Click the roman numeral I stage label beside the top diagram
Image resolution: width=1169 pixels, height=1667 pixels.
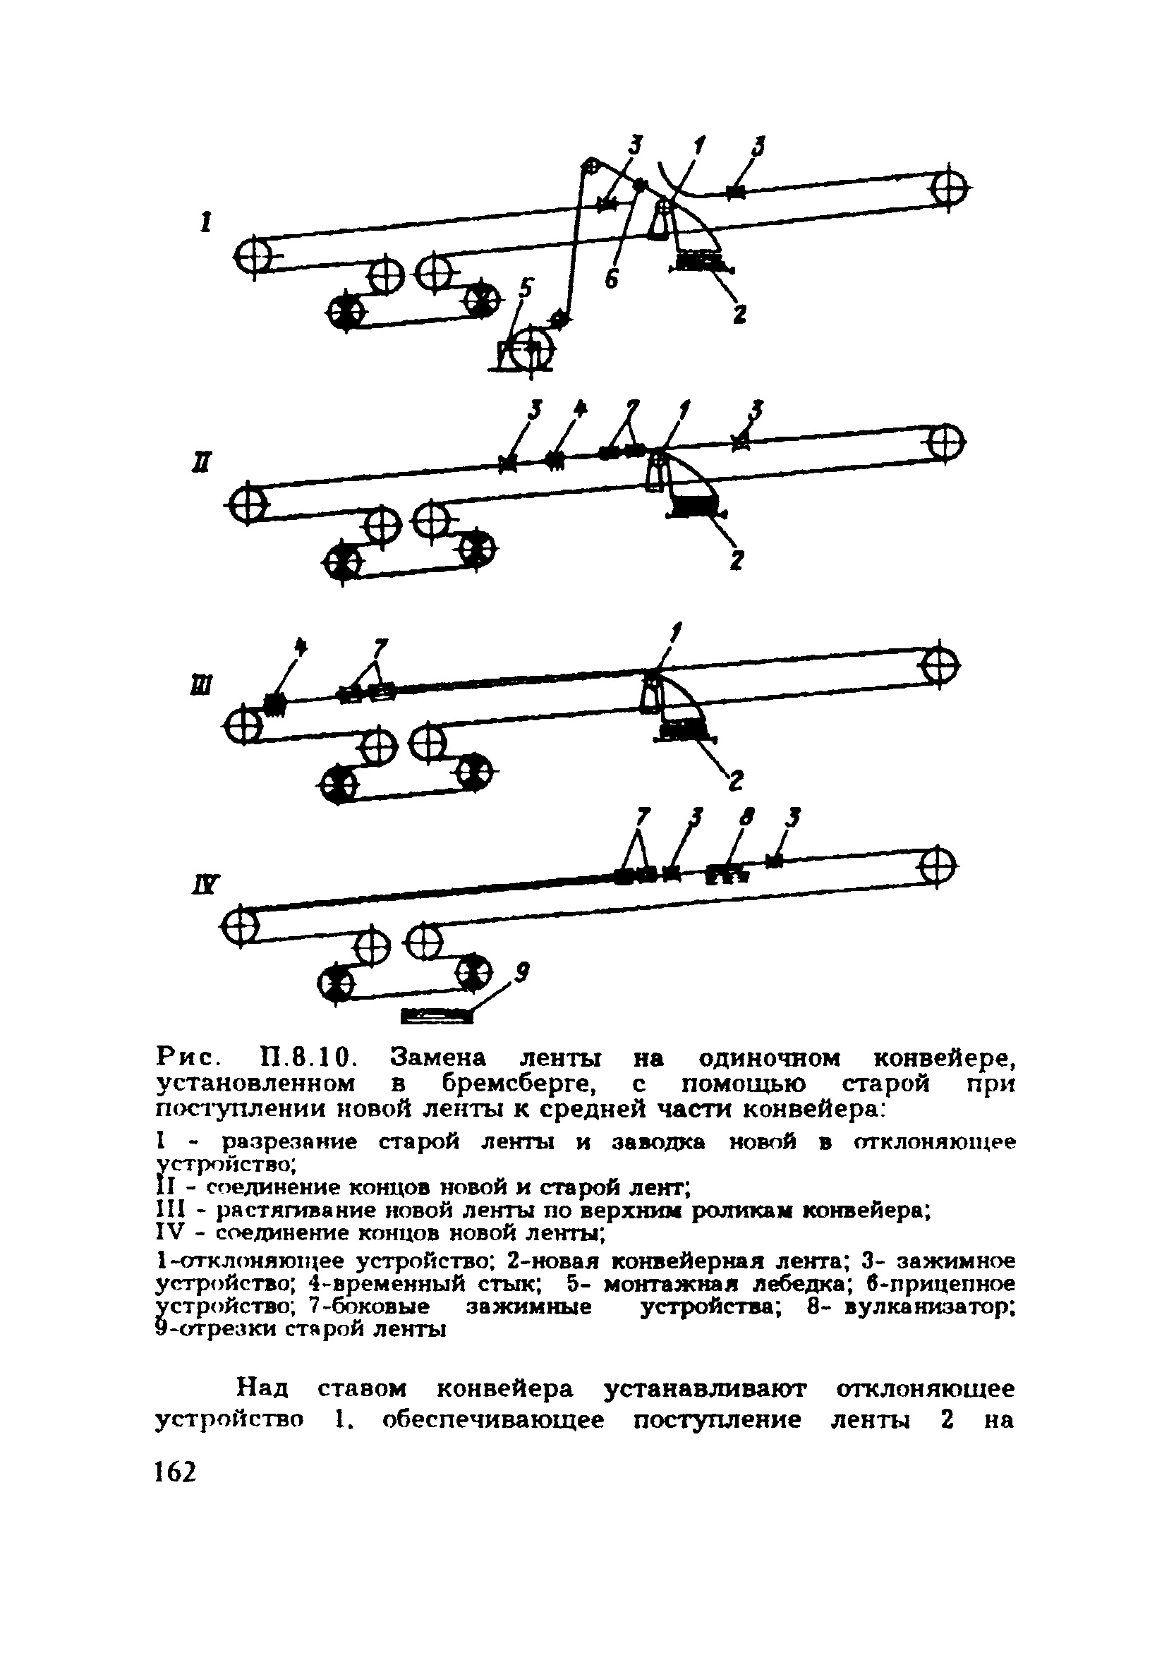click(x=205, y=222)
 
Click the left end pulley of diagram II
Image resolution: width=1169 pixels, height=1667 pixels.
click(x=246, y=502)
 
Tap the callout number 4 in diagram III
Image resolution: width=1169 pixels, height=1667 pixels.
click(x=301, y=646)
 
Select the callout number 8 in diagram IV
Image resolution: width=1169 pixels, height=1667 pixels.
click(x=745, y=818)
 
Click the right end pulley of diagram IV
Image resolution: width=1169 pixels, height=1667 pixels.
click(x=938, y=867)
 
